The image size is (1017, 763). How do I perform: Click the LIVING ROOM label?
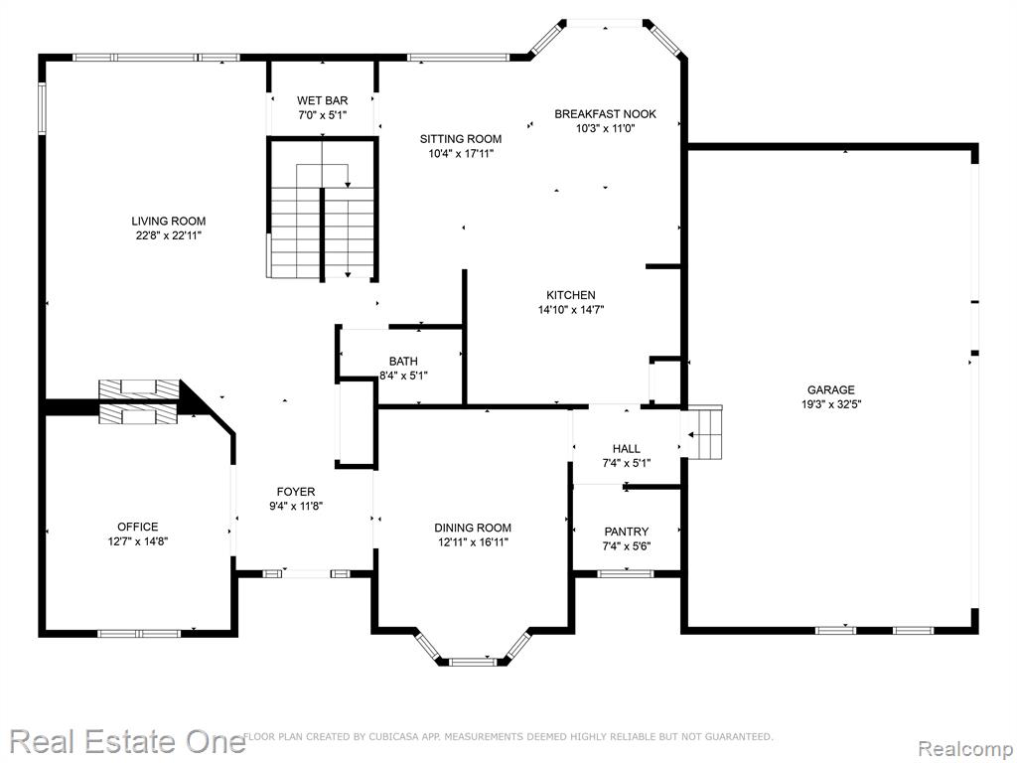pyautogui.click(x=169, y=222)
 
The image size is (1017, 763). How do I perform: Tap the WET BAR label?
pyautogui.click(x=323, y=100)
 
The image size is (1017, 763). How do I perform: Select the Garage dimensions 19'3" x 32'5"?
pyautogui.click(x=831, y=404)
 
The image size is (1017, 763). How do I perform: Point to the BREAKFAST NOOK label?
pyautogui.click(x=605, y=114)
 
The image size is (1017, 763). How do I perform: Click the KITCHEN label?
pyautogui.click(x=571, y=295)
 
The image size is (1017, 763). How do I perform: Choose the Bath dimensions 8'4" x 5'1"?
pyautogui.click(x=403, y=375)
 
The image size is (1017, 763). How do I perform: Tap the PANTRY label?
pyautogui.click(x=627, y=533)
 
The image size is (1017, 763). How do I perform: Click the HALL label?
pyautogui.click(x=627, y=448)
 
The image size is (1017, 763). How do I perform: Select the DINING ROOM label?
pyautogui.click(x=473, y=529)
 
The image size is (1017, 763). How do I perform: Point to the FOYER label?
pyautogui.click(x=296, y=492)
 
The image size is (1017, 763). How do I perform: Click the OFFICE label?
pyautogui.click(x=137, y=527)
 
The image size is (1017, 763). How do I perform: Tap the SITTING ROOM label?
pyautogui.click(x=461, y=139)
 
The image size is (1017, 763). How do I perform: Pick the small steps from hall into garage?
pyautogui.click(x=704, y=433)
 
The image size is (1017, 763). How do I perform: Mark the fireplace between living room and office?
pyautogui.click(x=138, y=402)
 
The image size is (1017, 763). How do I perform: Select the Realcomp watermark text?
pyautogui.click(x=965, y=749)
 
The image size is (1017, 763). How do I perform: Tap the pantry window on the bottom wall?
pyautogui.click(x=626, y=573)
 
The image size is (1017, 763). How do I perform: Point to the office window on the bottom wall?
pyautogui.click(x=139, y=633)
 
